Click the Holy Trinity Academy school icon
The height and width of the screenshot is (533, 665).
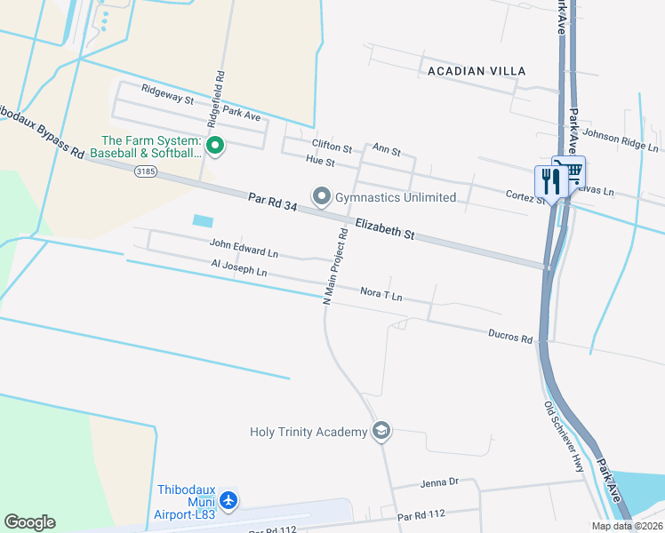(x=381, y=431)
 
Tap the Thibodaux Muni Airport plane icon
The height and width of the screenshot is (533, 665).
(x=228, y=501)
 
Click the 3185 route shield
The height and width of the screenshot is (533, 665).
(x=146, y=171)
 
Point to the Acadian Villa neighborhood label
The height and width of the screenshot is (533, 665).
(x=476, y=70)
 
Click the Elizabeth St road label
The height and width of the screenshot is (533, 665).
(x=385, y=229)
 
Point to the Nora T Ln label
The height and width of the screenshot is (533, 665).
(x=381, y=292)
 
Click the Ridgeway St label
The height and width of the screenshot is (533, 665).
(x=168, y=94)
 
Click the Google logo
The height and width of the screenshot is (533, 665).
(x=30, y=522)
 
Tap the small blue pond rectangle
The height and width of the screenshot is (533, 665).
(x=203, y=219)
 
